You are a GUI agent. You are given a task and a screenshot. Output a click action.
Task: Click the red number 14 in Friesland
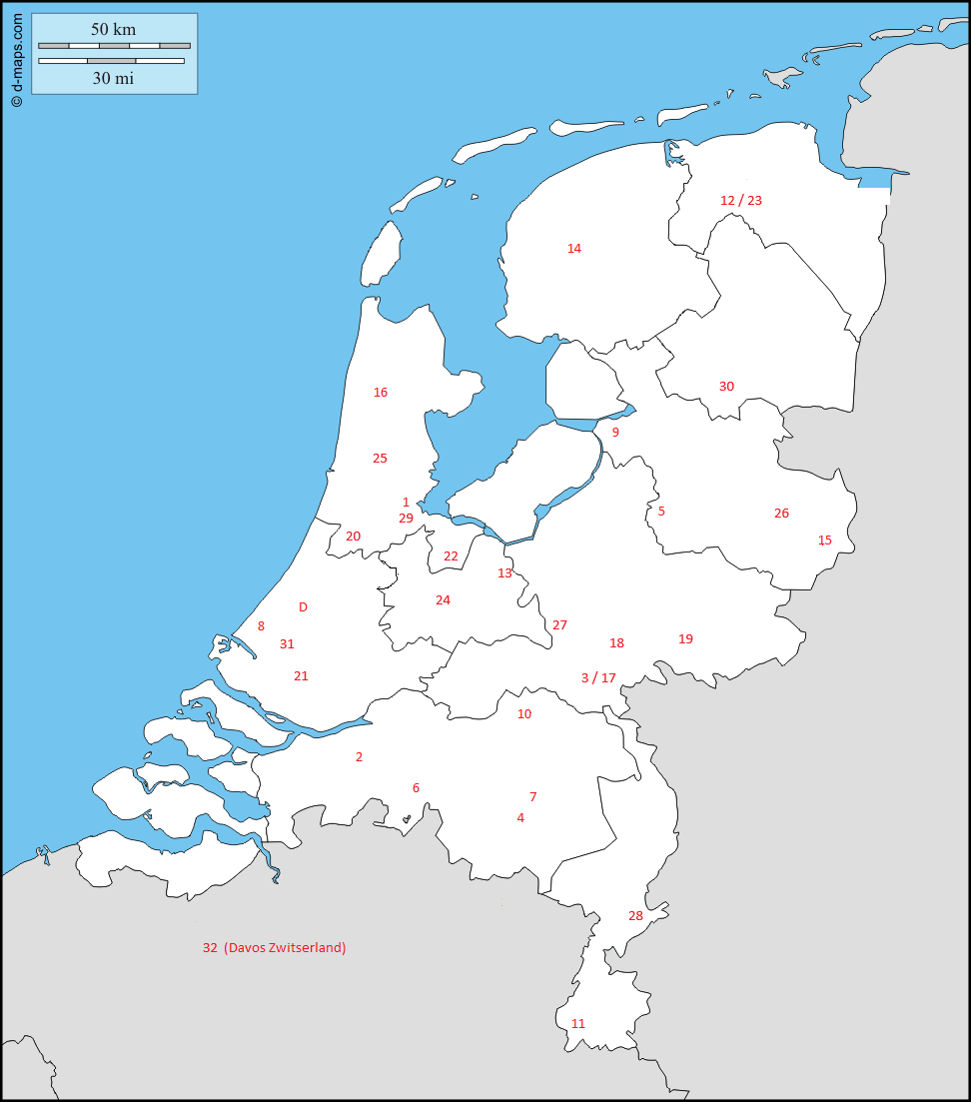574,249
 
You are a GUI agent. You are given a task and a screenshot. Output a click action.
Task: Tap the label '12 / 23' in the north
741,201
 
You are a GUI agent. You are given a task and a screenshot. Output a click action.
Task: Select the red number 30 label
726,387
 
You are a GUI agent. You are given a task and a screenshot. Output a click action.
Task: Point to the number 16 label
381,393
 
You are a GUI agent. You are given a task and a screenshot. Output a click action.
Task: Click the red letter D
303,607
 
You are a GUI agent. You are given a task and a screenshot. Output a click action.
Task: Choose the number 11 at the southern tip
578,1024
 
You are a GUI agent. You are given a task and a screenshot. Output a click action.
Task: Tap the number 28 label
635,916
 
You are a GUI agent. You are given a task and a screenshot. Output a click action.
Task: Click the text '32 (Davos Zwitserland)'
275,948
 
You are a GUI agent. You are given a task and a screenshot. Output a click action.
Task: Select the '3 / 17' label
598,678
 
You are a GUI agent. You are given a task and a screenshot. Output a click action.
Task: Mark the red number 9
615,433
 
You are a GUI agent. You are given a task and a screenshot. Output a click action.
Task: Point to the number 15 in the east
825,541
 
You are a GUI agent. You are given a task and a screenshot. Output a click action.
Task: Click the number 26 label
781,514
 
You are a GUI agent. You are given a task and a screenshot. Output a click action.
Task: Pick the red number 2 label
359,757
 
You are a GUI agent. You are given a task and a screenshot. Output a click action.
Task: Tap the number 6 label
416,788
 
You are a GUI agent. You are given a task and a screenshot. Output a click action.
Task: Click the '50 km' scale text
113,29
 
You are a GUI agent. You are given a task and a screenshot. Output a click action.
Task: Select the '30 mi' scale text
113,78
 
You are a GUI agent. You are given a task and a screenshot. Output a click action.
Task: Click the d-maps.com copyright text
17,59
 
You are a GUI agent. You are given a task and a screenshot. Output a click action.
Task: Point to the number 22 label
451,556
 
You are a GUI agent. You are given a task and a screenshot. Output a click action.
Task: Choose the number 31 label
287,644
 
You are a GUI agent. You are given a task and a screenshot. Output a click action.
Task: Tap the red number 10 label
524,714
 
